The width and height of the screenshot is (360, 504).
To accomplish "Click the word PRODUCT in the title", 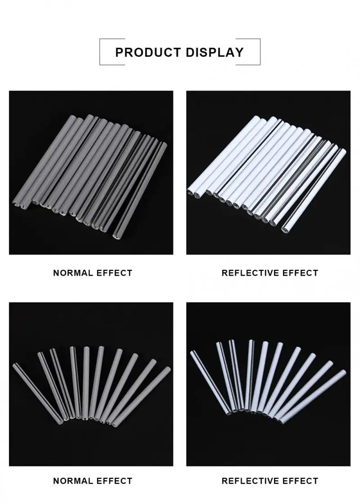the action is (147, 52).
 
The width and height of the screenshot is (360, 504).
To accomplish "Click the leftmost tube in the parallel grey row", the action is (45, 162).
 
